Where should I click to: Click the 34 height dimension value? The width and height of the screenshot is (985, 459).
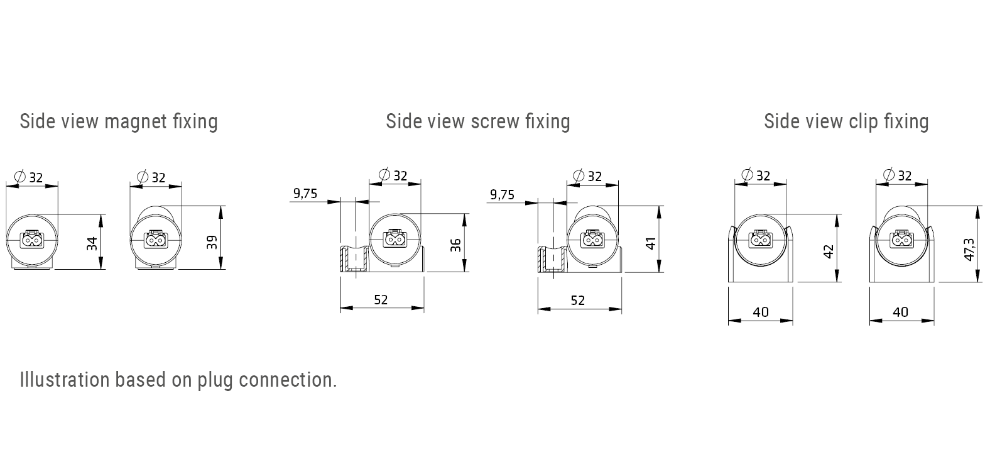[92, 243]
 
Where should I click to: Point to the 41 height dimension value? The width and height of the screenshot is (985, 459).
[651, 243]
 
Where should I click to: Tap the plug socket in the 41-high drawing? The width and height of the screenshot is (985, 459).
[592, 240]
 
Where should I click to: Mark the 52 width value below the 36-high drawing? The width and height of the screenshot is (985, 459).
[381, 300]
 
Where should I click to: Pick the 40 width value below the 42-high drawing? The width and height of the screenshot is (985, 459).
[760, 312]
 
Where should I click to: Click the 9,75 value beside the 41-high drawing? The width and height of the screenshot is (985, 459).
[502, 195]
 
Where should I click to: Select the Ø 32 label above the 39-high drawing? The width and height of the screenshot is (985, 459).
[151, 178]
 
